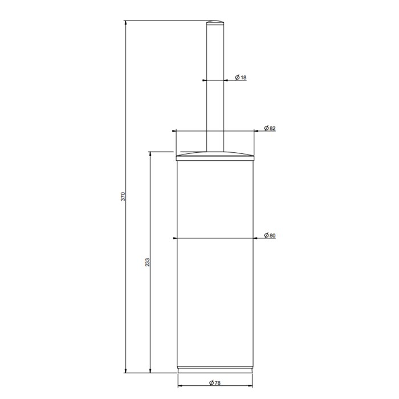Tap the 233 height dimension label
[x=146, y=262]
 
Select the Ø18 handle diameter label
[x=240, y=78]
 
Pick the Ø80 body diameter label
[x=270, y=235]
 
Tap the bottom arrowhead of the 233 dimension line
[x=150, y=370]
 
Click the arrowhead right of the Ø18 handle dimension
[x=227, y=80]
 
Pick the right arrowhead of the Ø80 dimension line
[x=256, y=238]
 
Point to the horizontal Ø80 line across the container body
[x=214, y=238]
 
